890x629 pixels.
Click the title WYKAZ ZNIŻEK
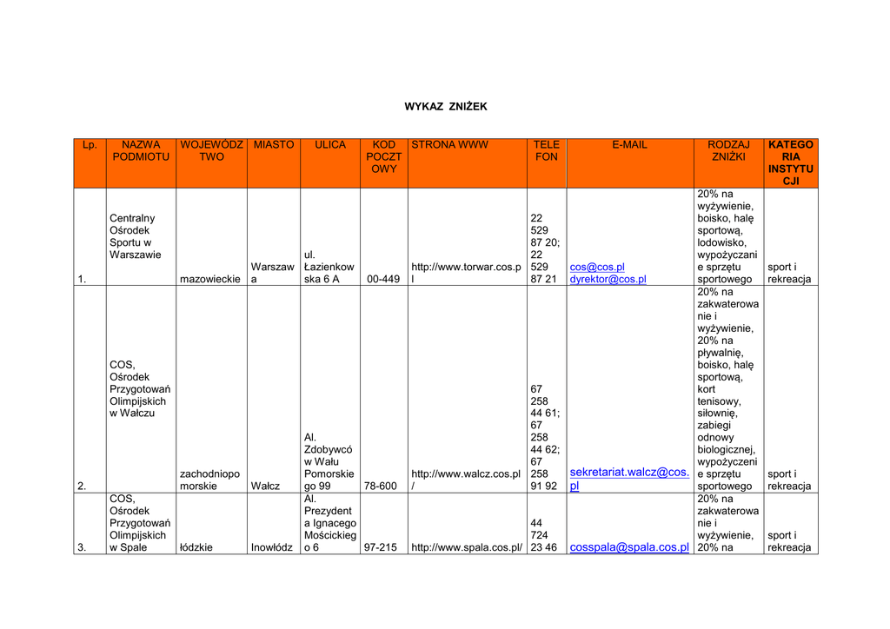click(x=446, y=107)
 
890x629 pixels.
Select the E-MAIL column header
click(x=629, y=145)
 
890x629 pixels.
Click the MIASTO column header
click(x=273, y=145)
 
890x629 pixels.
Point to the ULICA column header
click(x=329, y=145)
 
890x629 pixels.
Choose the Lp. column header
click(x=90, y=145)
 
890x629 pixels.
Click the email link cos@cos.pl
click(x=597, y=268)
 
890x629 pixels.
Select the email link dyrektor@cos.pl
click(x=608, y=280)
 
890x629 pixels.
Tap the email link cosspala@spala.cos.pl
click(x=629, y=547)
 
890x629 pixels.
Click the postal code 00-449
click(x=383, y=280)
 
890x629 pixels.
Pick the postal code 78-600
click(x=380, y=487)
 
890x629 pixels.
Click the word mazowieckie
click(x=211, y=280)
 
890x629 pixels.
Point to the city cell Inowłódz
click(x=272, y=548)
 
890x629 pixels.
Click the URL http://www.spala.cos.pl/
click(x=467, y=548)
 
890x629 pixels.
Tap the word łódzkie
click(x=196, y=548)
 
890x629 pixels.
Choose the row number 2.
click(x=82, y=487)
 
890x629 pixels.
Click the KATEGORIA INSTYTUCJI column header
click(x=790, y=163)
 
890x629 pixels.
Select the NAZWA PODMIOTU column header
click(x=141, y=151)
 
